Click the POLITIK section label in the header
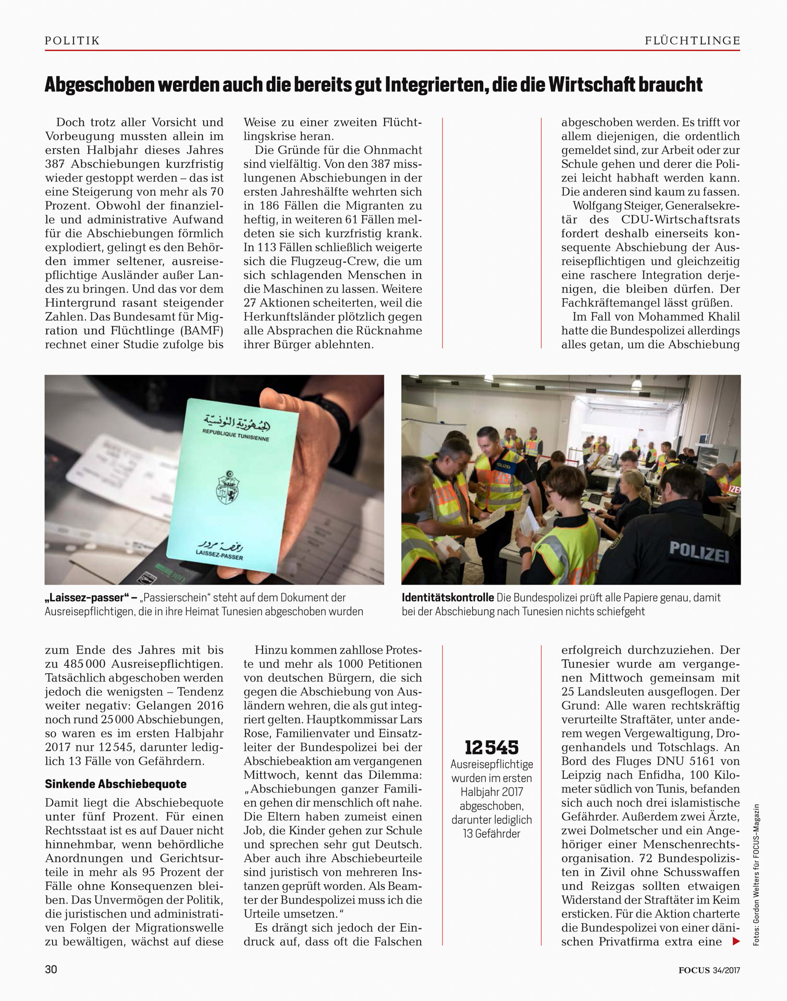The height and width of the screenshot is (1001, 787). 72,41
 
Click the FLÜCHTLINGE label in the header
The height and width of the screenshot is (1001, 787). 692,41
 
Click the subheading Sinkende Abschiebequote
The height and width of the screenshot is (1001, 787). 115,784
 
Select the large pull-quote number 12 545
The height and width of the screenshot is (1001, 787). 491,748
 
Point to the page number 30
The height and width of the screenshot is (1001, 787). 51,969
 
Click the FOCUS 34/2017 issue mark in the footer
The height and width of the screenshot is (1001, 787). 709,970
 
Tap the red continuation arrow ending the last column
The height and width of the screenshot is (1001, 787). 736,942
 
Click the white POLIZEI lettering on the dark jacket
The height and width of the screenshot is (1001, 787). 698,551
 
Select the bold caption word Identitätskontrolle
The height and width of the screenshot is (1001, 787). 447,598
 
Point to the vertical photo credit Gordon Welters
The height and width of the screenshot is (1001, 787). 756,886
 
